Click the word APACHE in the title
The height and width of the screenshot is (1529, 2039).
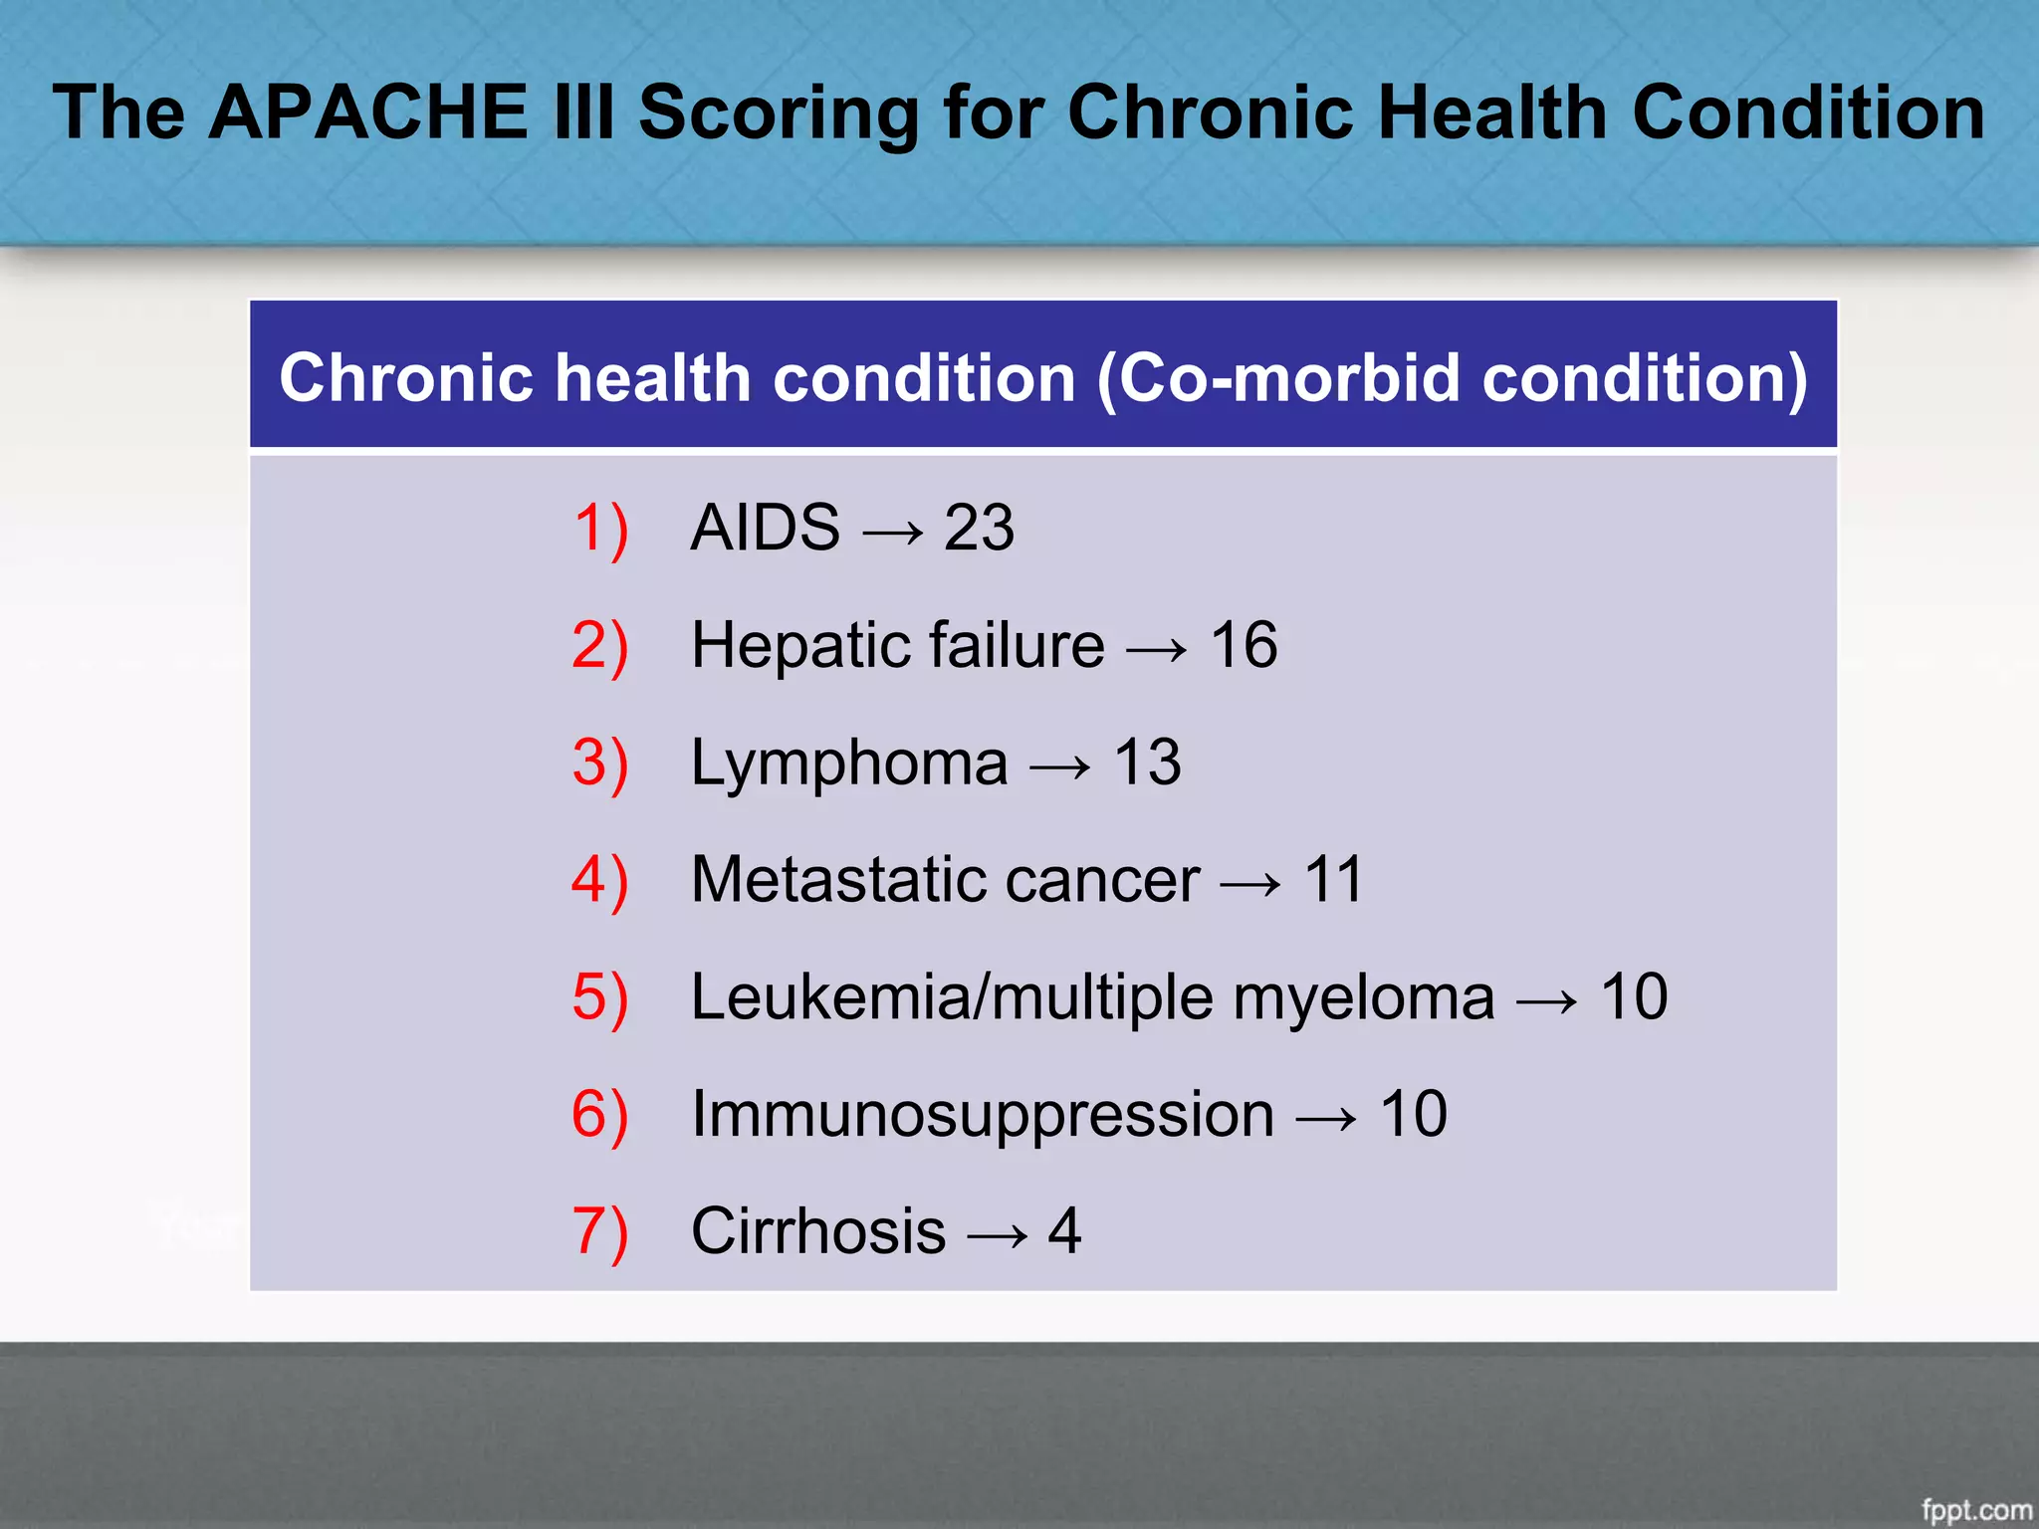368,111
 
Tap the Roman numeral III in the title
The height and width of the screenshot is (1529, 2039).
579,111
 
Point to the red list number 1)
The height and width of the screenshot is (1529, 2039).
600,528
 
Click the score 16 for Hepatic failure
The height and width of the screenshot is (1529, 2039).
1244,645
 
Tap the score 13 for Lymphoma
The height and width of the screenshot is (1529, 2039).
1147,763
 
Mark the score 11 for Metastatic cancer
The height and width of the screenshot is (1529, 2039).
1332,880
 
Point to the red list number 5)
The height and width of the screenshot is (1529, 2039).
600,997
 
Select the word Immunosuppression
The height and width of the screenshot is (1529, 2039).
983,1115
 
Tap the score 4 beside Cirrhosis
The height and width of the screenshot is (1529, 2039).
1064,1231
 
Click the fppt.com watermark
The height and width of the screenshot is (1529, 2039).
1975,1509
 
